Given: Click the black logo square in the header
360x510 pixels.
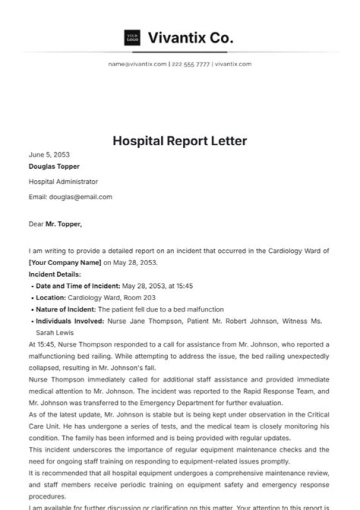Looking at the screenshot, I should (132, 38).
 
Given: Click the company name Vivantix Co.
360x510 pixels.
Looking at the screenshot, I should (190, 38).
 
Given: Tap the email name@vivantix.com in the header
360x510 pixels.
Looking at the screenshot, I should (137, 65).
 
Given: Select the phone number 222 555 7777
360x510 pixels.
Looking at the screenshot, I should (190, 65).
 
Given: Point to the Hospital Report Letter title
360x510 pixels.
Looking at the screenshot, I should (179, 141).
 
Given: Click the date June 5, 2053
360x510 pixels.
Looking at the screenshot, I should (49, 155).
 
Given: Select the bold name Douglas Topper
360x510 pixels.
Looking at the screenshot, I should (54, 167).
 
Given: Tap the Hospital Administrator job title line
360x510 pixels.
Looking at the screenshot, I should (63, 182).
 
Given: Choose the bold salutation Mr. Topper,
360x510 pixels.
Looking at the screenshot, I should (64, 224).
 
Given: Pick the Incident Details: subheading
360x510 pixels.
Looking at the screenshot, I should (54, 274).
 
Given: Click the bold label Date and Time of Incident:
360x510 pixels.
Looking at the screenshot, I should (78, 286).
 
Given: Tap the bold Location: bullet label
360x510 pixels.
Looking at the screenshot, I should (51, 298).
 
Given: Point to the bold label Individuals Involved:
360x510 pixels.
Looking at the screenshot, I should (70, 321).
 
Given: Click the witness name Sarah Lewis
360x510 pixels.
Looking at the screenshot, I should (54, 333).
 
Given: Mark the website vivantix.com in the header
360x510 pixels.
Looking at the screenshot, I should (233, 65).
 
